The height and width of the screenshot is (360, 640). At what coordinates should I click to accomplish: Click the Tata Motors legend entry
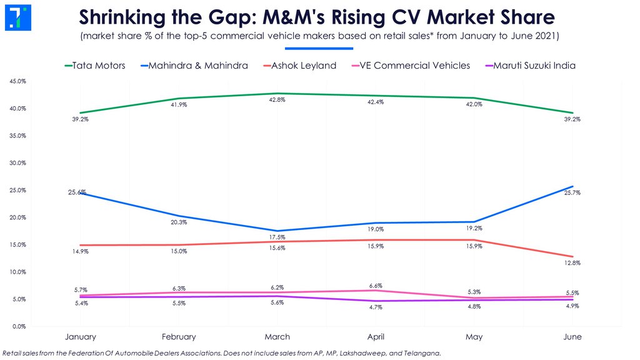coord(94,66)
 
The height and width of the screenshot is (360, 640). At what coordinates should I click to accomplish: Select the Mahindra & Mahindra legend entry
coord(194,66)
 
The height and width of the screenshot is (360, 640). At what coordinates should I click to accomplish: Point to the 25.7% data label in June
coord(572,192)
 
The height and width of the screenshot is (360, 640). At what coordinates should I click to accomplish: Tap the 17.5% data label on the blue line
coord(277,237)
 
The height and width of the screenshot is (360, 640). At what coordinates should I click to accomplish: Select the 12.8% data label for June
coord(572,263)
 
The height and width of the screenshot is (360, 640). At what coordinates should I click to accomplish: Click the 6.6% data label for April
coord(376,286)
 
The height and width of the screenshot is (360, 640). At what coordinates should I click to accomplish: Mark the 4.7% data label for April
coord(376,307)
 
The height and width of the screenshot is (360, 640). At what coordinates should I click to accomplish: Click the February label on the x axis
coord(179,337)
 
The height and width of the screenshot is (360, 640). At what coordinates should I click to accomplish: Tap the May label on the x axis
coord(474,337)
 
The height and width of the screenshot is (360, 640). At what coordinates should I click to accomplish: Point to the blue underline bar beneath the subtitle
coord(319,47)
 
